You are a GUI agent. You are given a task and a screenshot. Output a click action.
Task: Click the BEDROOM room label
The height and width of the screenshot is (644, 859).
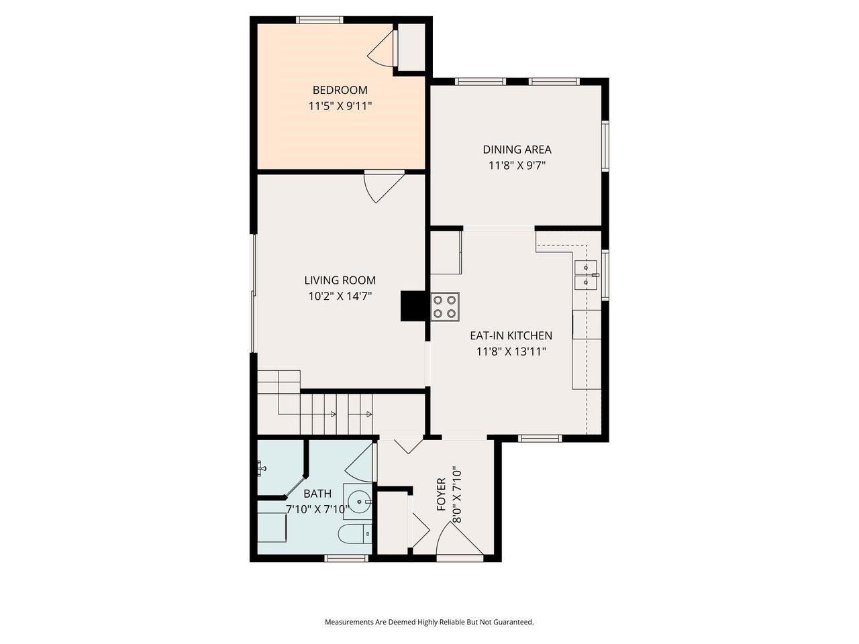(x=340, y=90)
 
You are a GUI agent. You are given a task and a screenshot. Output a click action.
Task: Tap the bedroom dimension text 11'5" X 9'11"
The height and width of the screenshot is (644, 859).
(x=340, y=105)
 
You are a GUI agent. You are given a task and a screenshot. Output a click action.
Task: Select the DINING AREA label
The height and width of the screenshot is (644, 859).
(x=517, y=150)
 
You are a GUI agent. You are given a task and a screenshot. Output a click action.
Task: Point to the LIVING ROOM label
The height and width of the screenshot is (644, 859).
(x=340, y=280)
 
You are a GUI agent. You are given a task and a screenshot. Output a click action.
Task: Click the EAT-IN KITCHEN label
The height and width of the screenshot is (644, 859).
(x=511, y=335)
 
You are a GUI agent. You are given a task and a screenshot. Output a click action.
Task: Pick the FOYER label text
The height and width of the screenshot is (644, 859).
(x=442, y=494)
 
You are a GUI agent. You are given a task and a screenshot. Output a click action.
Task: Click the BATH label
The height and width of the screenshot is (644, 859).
(x=317, y=494)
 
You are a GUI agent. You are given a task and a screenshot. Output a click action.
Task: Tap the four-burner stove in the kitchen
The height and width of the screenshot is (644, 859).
(x=445, y=306)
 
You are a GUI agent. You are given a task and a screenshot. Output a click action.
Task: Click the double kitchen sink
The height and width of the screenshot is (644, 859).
(x=585, y=275)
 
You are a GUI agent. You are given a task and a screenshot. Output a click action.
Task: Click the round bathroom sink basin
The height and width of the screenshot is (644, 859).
(x=361, y=500)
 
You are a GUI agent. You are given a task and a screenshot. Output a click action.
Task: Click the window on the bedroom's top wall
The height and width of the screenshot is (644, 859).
(x=321, y=19)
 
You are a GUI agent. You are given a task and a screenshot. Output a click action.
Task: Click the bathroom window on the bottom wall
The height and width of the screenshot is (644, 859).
(x=346, y=558)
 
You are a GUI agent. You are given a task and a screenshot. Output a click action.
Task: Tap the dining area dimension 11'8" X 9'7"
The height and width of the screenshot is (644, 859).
(x=517, y=165)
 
